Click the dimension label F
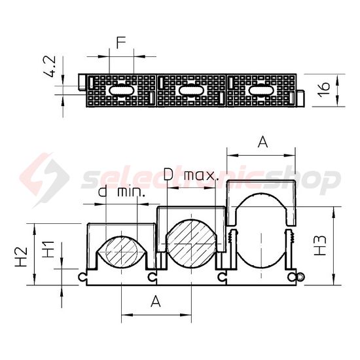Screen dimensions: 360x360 (120, 44)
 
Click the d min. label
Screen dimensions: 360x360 (121, 192)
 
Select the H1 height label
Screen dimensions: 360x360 (48, 249)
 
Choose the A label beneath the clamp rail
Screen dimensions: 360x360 (155, 301)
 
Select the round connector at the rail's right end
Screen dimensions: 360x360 (299, 278)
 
